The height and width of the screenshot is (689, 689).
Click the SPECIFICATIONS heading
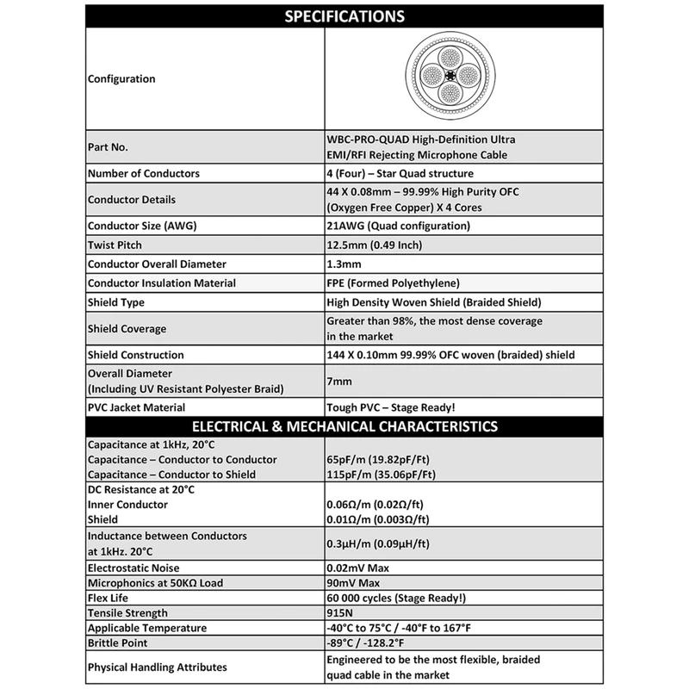coord(344,17)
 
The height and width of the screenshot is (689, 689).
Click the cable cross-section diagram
coord(452,79)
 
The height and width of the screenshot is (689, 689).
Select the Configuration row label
coord(121,79)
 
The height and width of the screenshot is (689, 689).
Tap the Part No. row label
coord(109,147)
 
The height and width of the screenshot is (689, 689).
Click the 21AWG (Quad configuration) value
coord(398,227)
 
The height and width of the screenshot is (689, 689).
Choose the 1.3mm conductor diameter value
coord(344,264)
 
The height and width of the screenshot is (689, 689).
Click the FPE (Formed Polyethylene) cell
coord(392,282)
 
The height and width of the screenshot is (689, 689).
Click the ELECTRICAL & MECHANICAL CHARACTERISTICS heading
coord(344,425)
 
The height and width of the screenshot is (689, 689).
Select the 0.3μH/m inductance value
coord(378,543)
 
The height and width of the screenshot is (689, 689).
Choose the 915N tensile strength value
coord(343,614)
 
